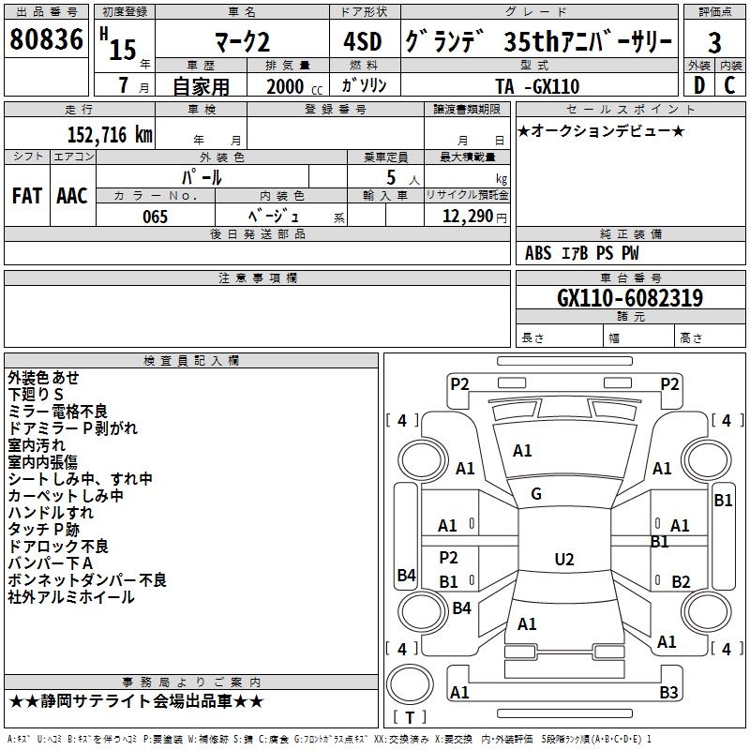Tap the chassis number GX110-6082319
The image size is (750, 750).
[630, 298]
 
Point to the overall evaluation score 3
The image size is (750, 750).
[714, 43]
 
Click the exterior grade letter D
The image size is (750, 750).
[698, 86]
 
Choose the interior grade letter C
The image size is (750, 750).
[730, 86]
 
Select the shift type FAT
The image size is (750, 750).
[26, 196]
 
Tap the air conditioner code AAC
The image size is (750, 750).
[72, 196]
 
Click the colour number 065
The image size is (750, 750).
[155, 217]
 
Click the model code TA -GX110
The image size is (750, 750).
[537, 87]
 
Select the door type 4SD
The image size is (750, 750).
[363, 43]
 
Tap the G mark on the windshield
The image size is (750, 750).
[536, 494]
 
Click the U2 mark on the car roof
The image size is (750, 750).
[563, 560]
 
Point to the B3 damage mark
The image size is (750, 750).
[668, 693]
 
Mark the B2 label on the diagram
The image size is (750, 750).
[681, 581]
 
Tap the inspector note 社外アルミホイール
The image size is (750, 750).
[71, 597]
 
